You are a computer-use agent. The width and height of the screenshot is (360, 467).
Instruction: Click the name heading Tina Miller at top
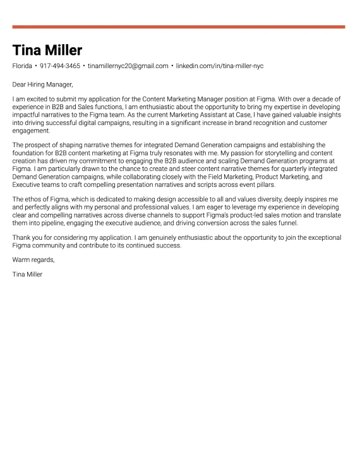tap(47, 50)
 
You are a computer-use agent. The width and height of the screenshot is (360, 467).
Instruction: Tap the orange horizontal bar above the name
tap(179, 27)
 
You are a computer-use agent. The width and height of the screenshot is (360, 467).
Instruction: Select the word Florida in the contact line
tap(22, 66)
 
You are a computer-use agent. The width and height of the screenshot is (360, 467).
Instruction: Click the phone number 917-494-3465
tap(60, 66)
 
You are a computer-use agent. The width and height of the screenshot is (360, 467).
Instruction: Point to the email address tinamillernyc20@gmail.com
tap(128, 66)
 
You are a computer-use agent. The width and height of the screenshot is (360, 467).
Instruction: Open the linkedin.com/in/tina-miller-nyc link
tap(220, 66)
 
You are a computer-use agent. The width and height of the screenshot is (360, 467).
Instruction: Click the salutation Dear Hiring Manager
tap(42, 84)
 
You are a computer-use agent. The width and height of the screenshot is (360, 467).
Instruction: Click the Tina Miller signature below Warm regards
tap(27, 275)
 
